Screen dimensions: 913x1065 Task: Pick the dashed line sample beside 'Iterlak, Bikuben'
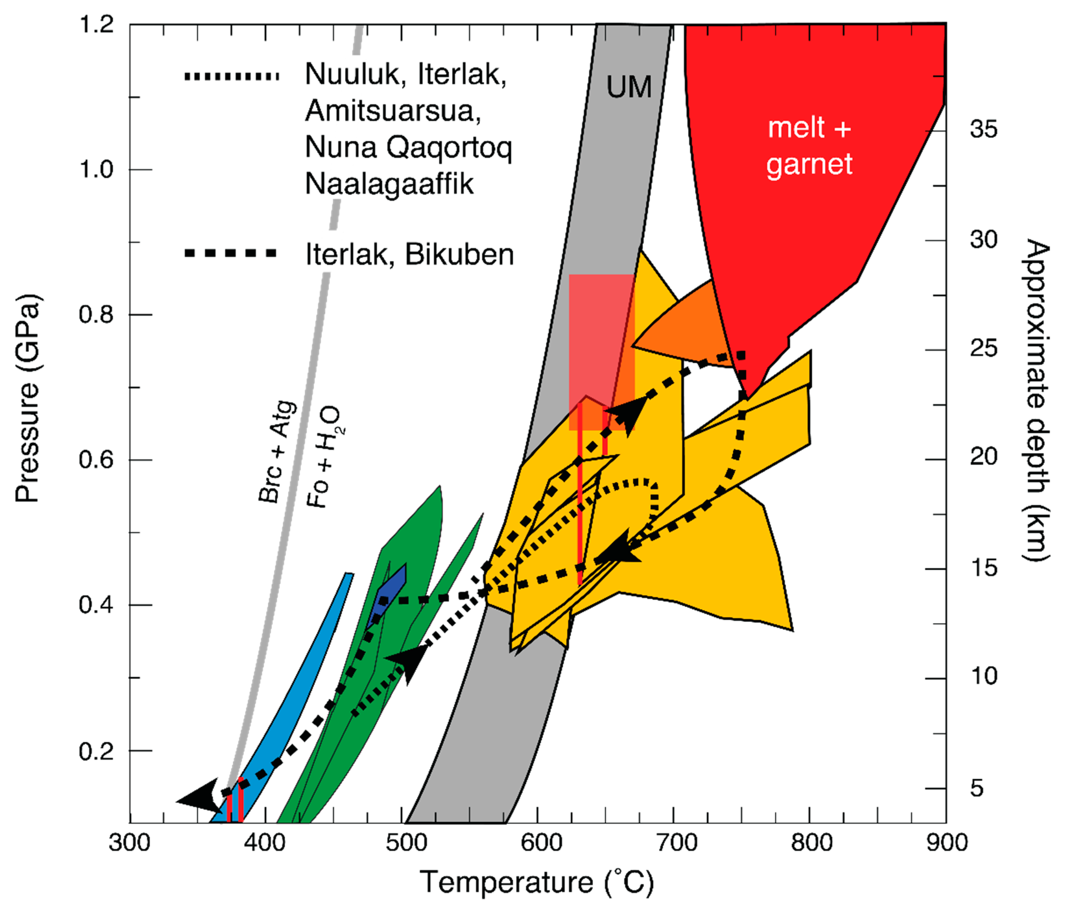click(x=231, y=253)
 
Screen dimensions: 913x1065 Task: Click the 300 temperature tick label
click(x=130, y=843)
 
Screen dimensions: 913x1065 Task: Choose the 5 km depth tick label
click(x=977, y=788)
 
